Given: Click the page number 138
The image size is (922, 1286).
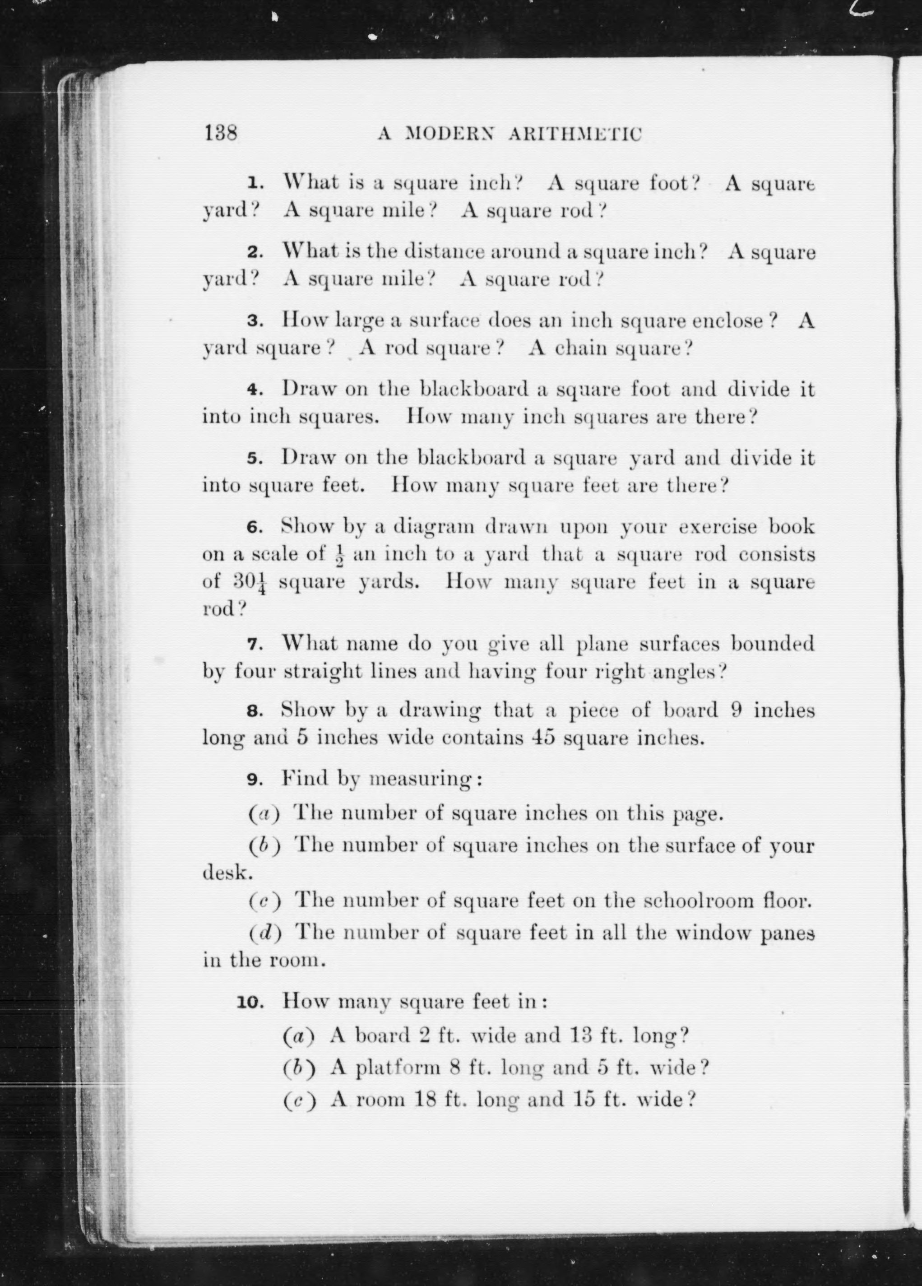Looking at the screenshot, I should point(221,133).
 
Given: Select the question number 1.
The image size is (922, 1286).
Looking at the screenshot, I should point(256,184).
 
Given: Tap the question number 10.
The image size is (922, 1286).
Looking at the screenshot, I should point(250,1002).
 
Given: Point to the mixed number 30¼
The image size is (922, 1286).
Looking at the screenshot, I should point(248,582).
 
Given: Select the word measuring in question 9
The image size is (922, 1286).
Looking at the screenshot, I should point(420,779).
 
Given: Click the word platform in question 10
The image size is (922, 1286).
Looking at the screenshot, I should point(398,1068).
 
